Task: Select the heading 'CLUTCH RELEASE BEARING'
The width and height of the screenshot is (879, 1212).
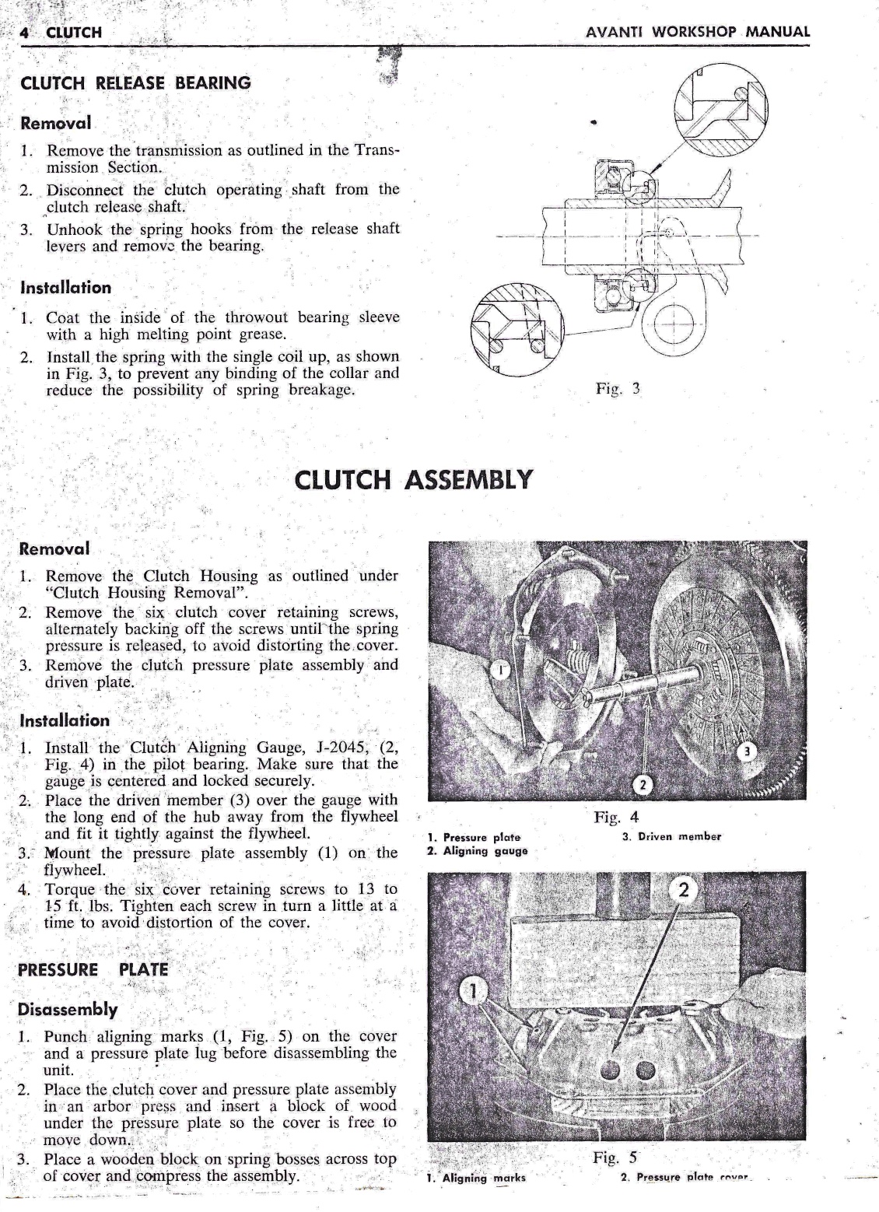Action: pyautogui.click(x=135, y=83)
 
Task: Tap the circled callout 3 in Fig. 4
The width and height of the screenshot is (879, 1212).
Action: pyautogui.click(x=746, y=752)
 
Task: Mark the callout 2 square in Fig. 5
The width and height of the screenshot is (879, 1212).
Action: pyautogui.click(x=684, y=891)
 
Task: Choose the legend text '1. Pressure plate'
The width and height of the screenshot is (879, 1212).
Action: pyautogui.click(x=475, y=837)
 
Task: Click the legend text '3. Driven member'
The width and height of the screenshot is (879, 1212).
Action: pyautogui.click(x=672, y=837)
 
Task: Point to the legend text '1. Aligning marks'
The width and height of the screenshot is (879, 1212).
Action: pyautogui.click(x=476, y=1178)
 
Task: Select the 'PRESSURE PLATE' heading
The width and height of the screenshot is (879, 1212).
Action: pyautogui.click(x=93, y=969)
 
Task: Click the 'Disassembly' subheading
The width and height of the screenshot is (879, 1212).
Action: pyautogui.click(x=68, y=1010)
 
